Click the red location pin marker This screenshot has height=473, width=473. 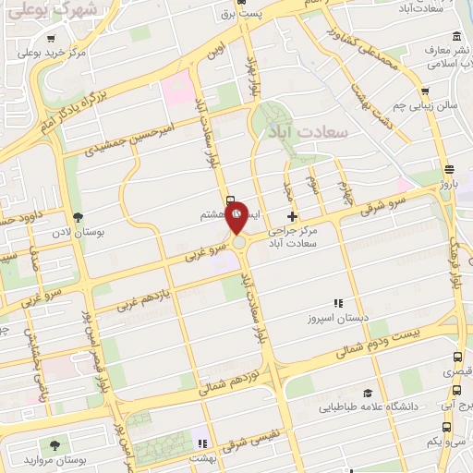237,215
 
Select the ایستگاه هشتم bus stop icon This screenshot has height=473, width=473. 230,199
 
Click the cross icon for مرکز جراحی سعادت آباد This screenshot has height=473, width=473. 293,215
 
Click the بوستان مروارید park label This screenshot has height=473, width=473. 52,458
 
